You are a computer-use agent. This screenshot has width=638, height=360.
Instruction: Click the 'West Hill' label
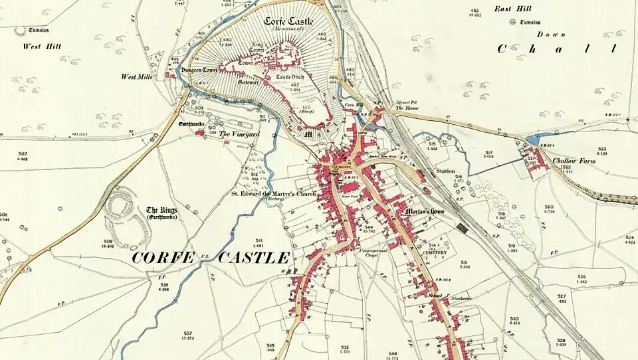[x=43, y=46]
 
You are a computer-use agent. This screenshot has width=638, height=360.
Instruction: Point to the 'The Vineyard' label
[x=239, y=134]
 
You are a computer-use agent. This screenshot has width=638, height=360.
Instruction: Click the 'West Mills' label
[x=137, y=77]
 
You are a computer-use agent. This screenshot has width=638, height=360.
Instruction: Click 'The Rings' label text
[x=161, y=211]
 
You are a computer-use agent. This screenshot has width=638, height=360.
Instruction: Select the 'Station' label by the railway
[x=445, y=171]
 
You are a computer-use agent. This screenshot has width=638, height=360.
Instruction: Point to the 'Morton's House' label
[x=425, y=213]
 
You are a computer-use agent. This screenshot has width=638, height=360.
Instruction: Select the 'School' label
[x=435, y=296]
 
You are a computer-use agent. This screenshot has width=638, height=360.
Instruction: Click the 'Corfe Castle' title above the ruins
[x=290, y=21]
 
